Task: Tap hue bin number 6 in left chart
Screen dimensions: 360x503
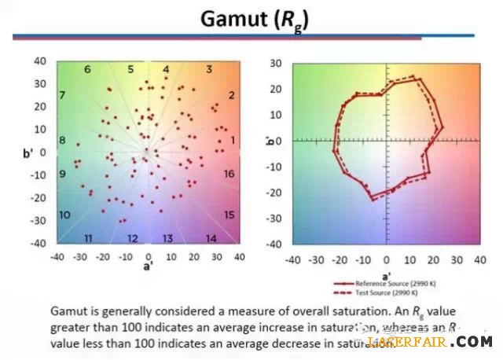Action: (x=87, y=70)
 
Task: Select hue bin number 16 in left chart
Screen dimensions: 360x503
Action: (x=229, y=174)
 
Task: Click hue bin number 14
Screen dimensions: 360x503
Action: (x=211, y=238)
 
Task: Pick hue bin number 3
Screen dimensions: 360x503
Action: (x=209, y=70)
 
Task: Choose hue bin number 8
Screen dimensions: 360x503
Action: (x=63, y=141)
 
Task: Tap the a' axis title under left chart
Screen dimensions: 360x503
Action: (x=147, y=267)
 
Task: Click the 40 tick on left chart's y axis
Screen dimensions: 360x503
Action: (x=40, y=61)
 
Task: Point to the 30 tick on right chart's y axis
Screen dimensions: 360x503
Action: (x=276, y=63)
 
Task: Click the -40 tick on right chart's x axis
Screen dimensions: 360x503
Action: (x=292, y=259)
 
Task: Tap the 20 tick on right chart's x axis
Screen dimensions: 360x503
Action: (x=432, y=259)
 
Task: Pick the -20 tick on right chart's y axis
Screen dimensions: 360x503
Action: (x=274, y=193)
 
